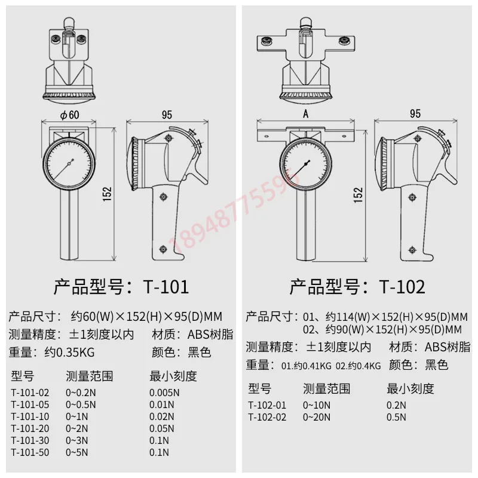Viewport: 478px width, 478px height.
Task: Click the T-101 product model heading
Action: [x=121, y=287]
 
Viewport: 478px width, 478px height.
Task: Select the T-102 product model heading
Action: [x=357, y=287]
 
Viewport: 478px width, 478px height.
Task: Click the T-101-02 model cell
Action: [x=30, y=393]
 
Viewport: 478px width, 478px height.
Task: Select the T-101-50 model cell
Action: [x=30, y=452]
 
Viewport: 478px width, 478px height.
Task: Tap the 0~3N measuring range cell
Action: [x=77, y=440]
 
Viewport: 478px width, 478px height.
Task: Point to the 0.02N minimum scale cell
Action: [x=163, y=416]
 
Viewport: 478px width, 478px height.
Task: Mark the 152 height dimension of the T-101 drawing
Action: [x=107, y=192]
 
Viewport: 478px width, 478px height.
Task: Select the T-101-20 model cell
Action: [x=30, y=428]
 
